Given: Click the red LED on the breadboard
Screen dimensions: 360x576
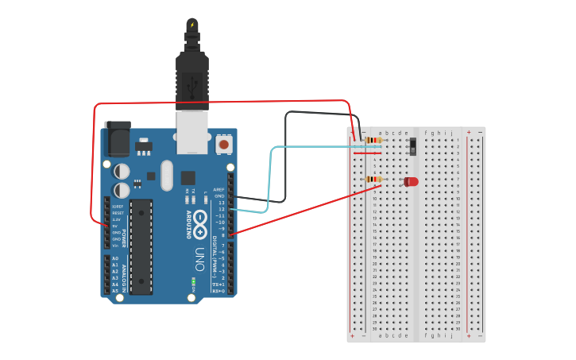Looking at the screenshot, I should click(x=411, y=182).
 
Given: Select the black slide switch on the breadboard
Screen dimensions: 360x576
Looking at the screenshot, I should click(x=412, y=145).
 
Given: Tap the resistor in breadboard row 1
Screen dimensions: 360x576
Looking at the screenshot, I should click(x=373, y=141).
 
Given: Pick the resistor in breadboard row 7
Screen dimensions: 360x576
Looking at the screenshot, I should click(x=373, y=180).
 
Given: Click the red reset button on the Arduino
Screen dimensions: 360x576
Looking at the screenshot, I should click(x=224, y=145).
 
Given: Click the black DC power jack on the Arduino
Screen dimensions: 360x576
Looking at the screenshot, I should click(x=118, y=138).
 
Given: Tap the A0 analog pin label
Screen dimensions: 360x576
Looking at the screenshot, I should click(x=115, y=259).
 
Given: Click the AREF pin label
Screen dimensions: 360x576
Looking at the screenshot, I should click(x=219, y=190).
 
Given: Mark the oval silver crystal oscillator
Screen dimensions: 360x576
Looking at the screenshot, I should click(x=166, y=176).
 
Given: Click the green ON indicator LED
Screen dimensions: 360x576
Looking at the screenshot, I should click(x=193, y=282).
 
